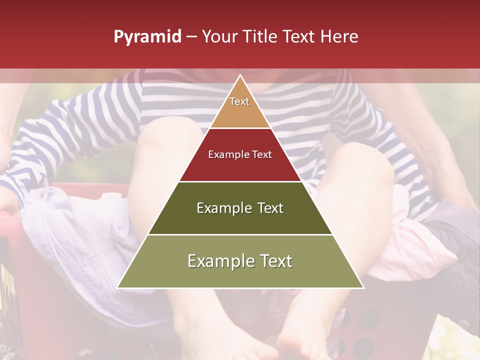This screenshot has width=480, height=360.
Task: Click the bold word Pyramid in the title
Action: (147, 37)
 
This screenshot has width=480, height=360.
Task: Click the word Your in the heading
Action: (220, 37)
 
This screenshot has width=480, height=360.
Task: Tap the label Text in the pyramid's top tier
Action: (239, 101)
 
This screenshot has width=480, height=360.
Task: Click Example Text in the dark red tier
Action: (240, 154)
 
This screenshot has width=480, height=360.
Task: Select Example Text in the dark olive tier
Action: (240, 208)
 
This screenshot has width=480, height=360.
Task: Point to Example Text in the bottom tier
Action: (240, 261)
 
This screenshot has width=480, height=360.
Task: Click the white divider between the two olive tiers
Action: (240, 234)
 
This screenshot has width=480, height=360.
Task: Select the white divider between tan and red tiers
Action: (240, 128)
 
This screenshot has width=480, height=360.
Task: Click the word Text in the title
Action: (300, 37)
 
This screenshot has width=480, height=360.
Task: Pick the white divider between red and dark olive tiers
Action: (240, 181)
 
